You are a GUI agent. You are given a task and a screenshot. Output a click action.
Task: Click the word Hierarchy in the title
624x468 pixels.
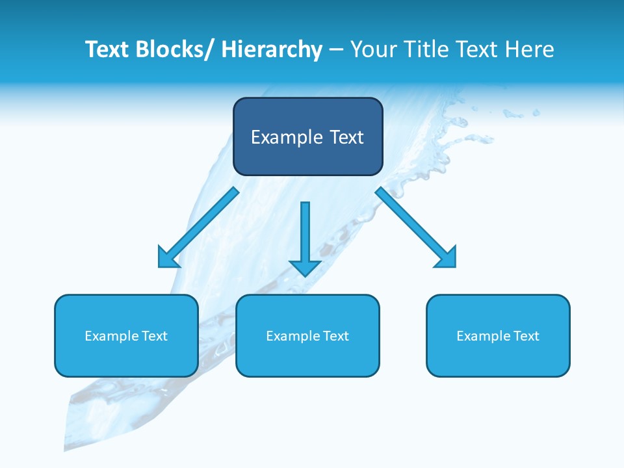(272, 49)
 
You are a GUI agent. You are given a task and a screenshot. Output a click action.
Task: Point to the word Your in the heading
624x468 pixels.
(372, 49)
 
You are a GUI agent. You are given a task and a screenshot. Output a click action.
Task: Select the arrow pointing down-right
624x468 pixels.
(412, 224)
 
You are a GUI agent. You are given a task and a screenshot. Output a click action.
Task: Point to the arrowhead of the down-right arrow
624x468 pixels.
(447, 257)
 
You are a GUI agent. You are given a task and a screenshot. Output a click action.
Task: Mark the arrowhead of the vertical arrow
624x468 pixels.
(305, 266)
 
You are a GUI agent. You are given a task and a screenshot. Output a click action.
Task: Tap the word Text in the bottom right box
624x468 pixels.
(525, 336)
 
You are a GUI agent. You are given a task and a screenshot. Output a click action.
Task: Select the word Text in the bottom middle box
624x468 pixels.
(335, 336)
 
